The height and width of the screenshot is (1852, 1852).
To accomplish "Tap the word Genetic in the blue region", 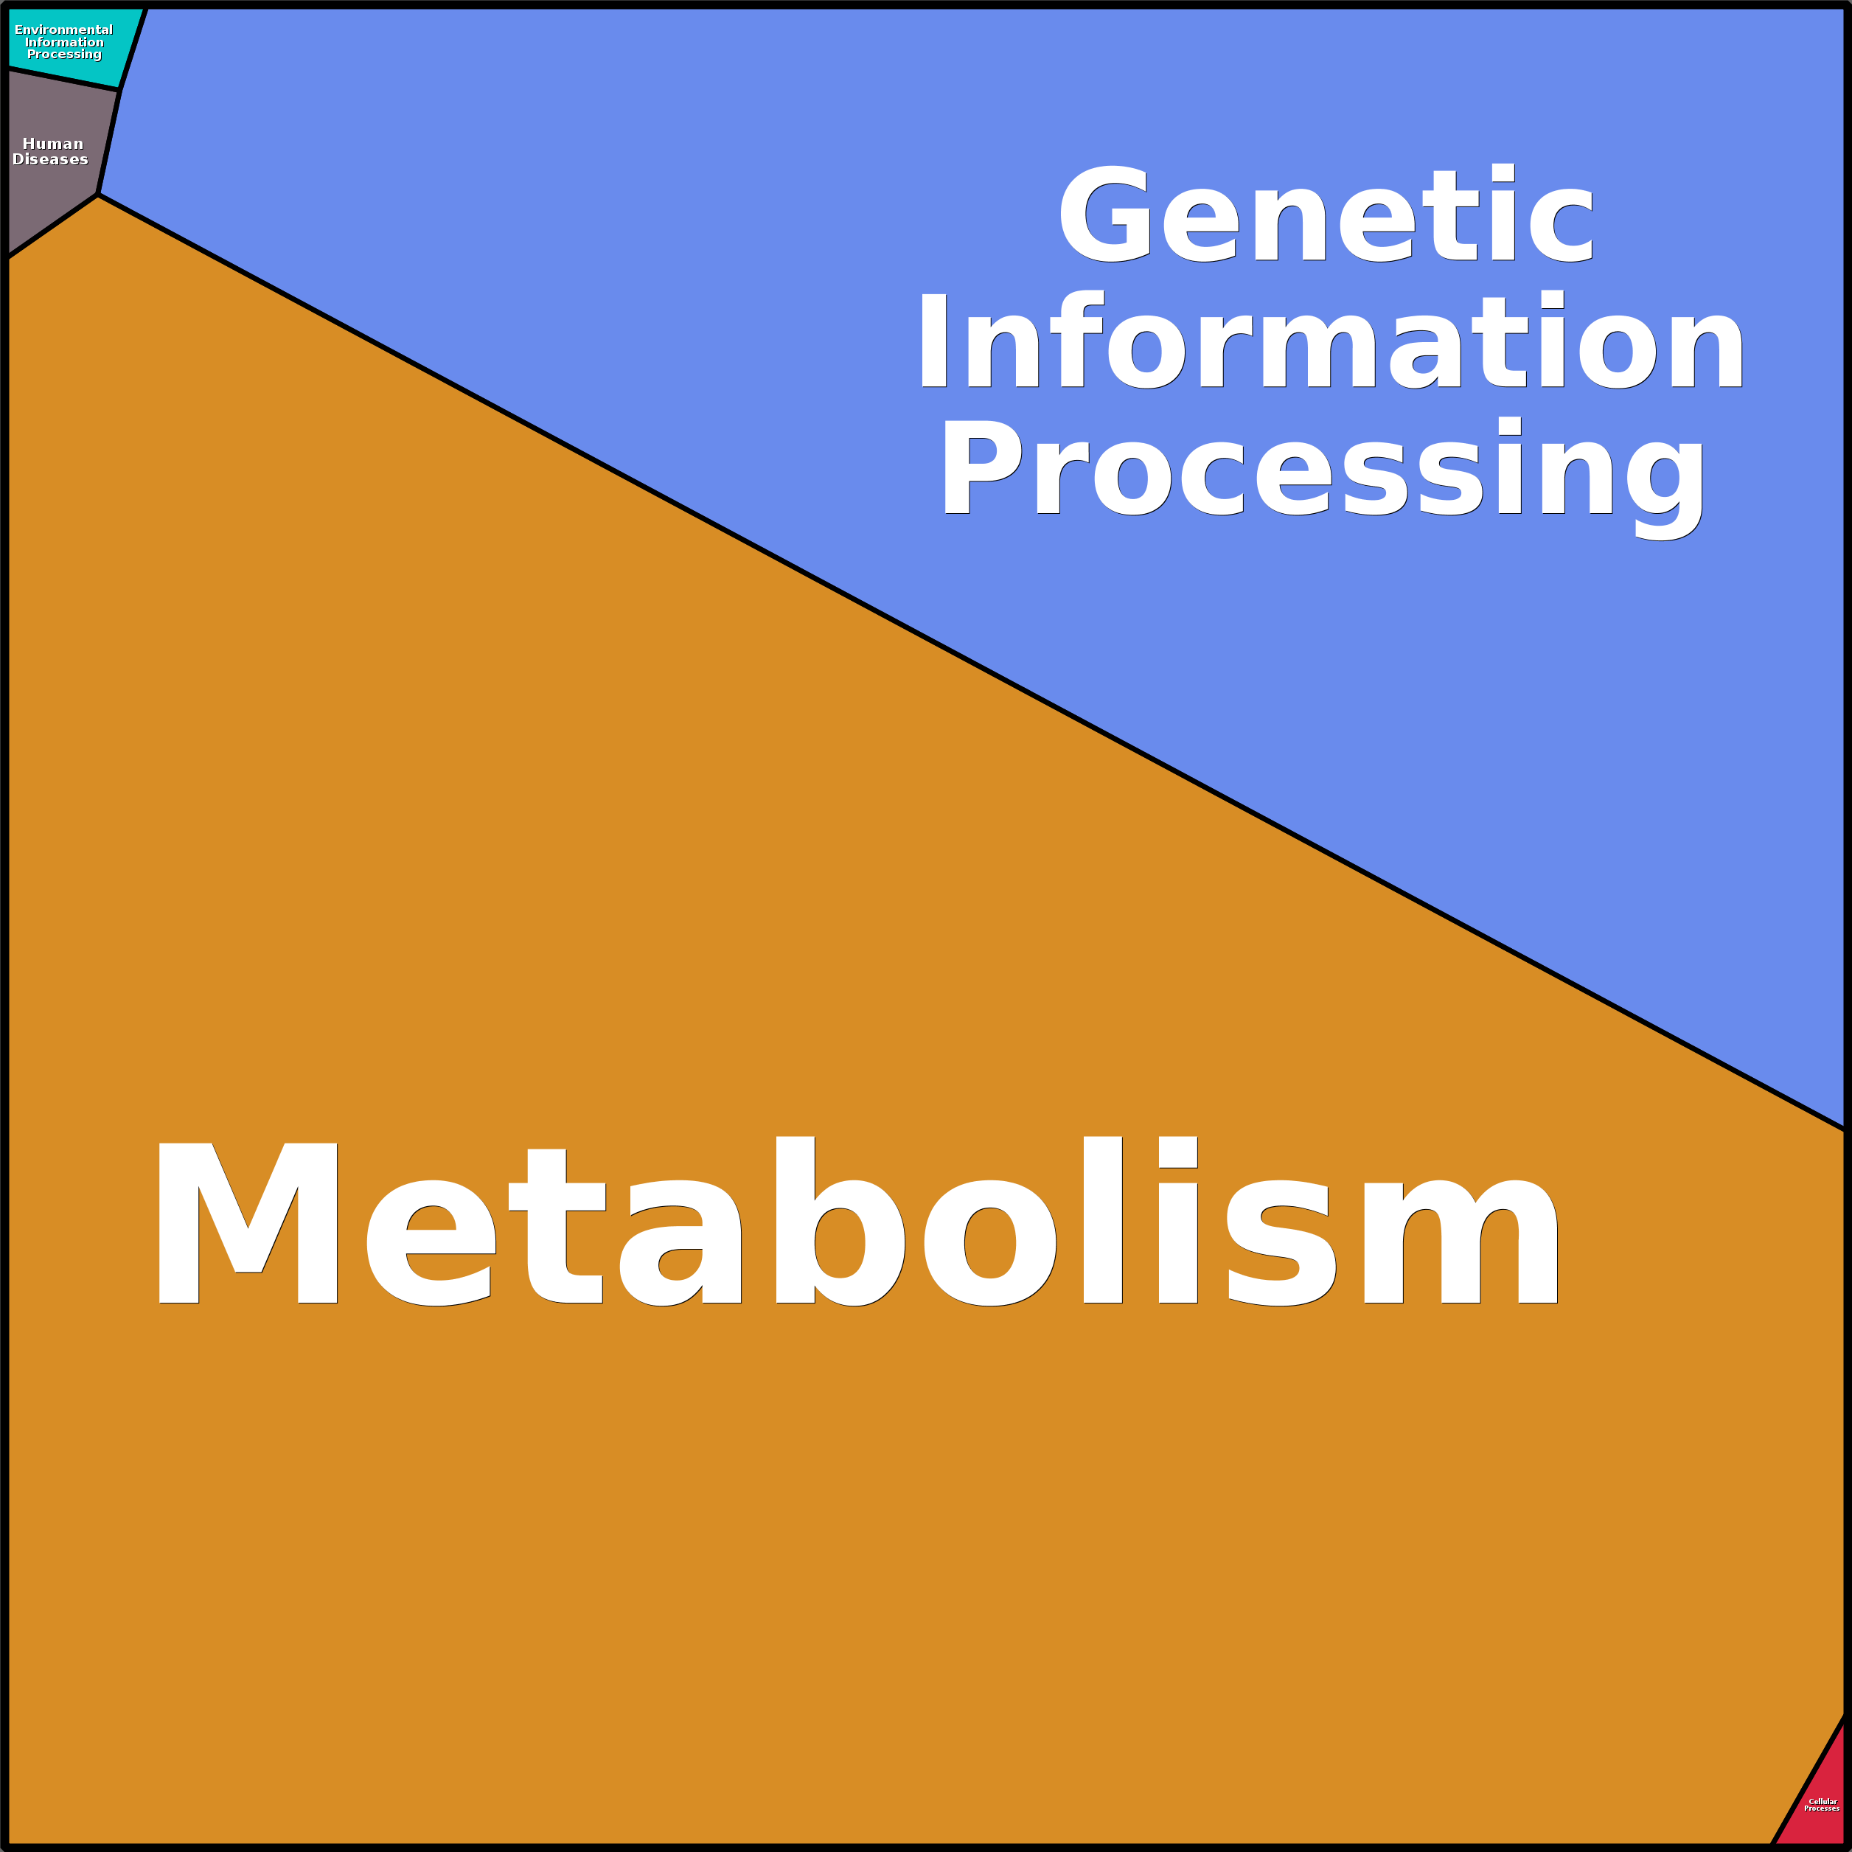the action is pos(1326,213).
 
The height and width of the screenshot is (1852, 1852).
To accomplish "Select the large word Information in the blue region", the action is pos(1329,341).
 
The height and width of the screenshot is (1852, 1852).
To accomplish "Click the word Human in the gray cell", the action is pos(53,144).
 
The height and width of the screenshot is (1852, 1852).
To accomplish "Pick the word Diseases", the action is pos(50,159).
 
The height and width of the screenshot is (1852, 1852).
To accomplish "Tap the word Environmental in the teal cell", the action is pos(63,29).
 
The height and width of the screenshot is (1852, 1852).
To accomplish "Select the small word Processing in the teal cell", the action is pos(64,55).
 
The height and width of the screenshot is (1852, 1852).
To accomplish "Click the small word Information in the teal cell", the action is pos(64,42).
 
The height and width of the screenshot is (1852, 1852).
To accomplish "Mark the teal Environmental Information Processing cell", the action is pos(67,43).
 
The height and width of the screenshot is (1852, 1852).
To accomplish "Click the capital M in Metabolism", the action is pos(247,1223).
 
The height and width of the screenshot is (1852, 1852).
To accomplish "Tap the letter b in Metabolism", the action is pos(840,1220).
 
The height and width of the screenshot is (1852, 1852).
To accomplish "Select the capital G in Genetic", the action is pos(1104,213).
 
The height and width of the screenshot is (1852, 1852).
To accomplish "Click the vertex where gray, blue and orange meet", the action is pos(98,195).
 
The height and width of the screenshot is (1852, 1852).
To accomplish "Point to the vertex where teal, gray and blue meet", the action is pos(120,89).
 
